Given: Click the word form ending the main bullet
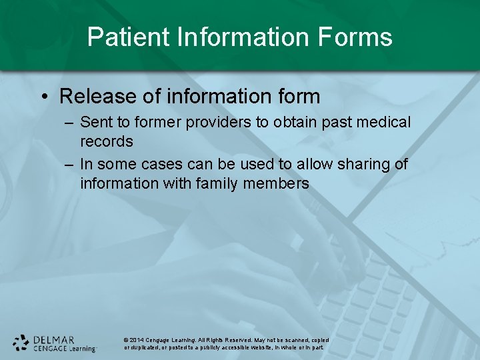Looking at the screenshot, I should pyautogui.click(x=295, y=96).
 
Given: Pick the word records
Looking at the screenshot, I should pyautogui.click(x=107, y=141).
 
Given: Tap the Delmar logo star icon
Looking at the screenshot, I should pyautogui.click(x=21, y=343).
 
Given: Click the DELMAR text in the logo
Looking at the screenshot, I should pyautogui.click(x=55, y=339).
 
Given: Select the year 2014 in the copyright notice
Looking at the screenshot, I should pyautogui.click(x=136, y=340).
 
